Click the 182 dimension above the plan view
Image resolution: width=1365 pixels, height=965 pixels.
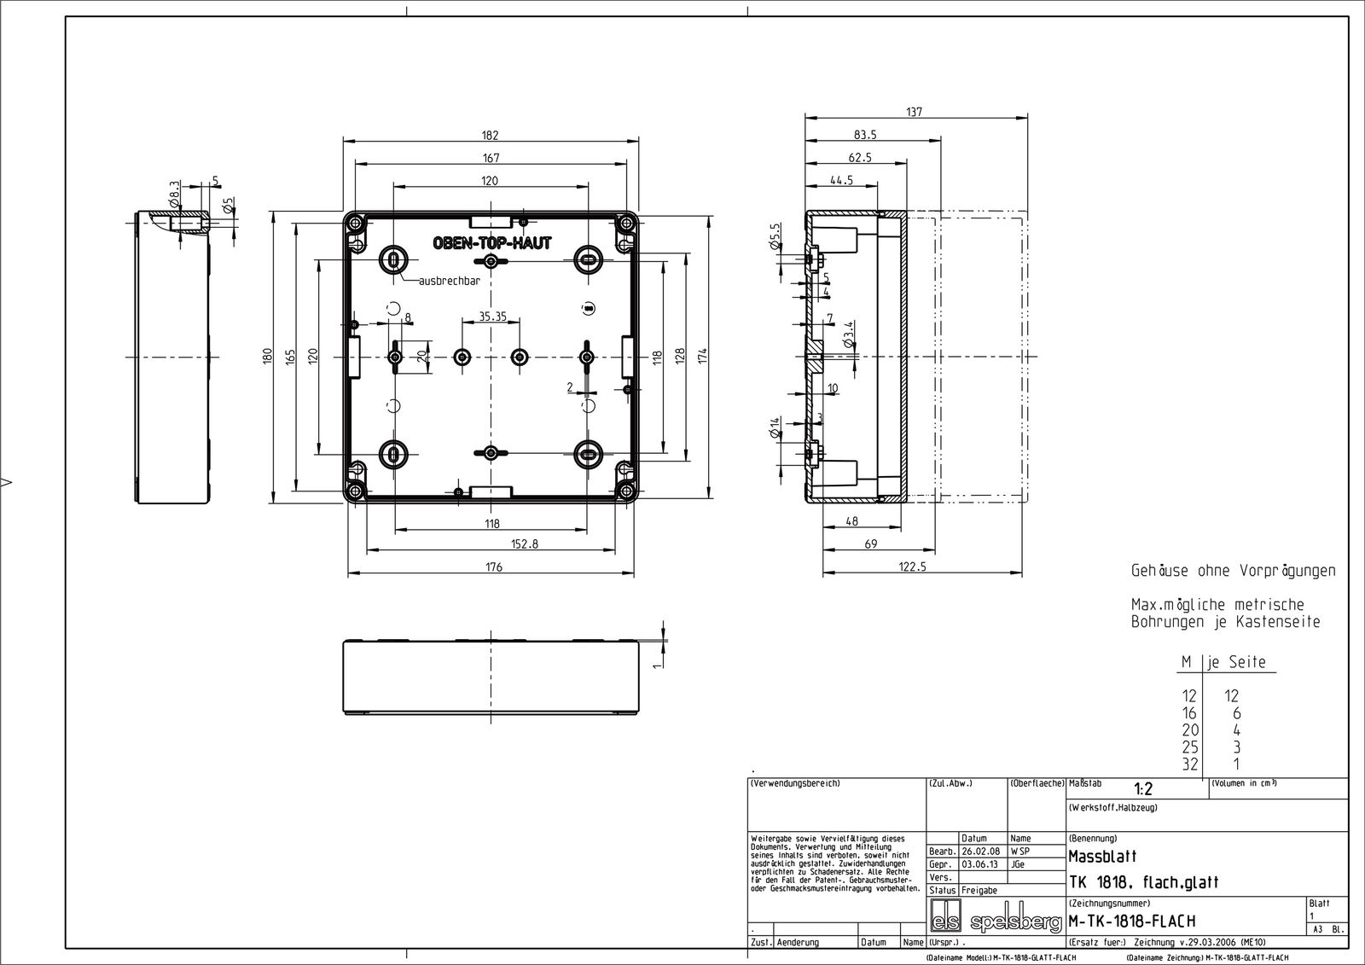click(x=490, y=135)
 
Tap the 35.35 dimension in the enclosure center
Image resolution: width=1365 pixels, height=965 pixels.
click(x=492, y=317)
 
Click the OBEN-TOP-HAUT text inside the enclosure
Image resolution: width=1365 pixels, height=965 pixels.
click(x=491, y=243)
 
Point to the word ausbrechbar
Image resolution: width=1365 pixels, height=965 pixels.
click(x=449, y=281)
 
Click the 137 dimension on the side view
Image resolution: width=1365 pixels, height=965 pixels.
click(x=915, y=112)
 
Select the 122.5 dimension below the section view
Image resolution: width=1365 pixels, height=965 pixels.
click(x=911, y=567)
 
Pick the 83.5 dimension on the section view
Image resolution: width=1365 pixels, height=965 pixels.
click(x=865, y=135)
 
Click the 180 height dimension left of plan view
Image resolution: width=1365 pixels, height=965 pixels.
click(x=266, y=354)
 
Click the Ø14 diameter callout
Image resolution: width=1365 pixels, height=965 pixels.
click(x=775, y=428)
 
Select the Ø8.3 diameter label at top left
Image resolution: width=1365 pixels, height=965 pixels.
click(x=175, y=195)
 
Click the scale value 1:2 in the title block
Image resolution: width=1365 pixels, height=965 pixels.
click(x=1143, y=790)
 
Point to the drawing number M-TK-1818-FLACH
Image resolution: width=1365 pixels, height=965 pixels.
click(x=1131, y=921)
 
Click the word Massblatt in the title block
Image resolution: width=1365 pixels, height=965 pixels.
click(x=1102, y=857)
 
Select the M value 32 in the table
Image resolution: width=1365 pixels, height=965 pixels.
click(x=1189, y=764)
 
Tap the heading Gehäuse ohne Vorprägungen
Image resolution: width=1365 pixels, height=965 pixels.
click(x=1233, y=570)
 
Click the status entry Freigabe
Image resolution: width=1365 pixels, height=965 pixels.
click(x=979, y=890)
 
